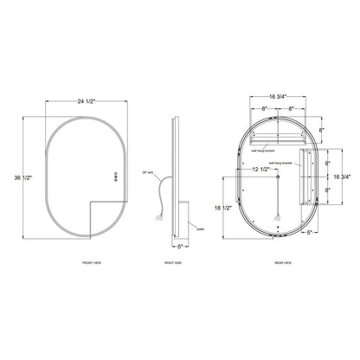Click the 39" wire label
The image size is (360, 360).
pyautogui.click(x=148, y=173)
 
